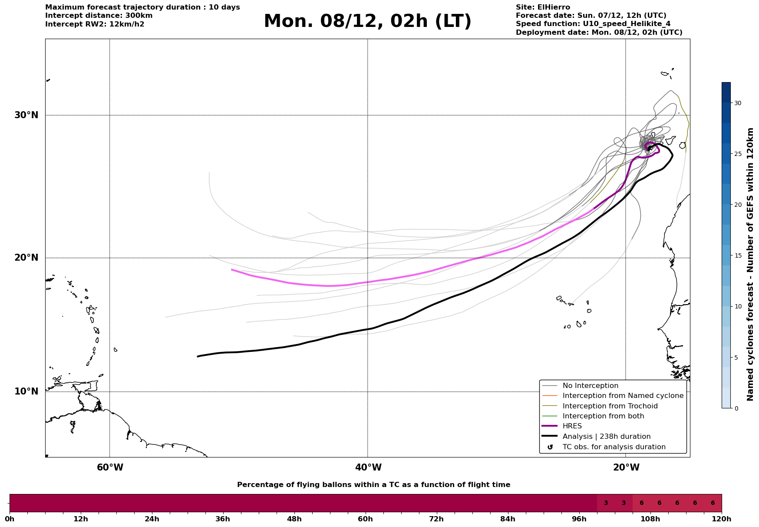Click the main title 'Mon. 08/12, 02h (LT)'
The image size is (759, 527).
click(x=367, y=21)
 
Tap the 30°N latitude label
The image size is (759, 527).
click(x=26, y=115)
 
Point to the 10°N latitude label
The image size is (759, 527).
click(x=26, y=391)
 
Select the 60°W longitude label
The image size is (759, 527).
click(x=110, y=467)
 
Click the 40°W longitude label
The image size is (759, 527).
click(x=368, y=467)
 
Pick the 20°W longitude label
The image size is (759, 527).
click(x=626, y=467)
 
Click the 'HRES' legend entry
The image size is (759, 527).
click(x=572, y=426)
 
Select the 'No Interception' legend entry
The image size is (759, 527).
click(x=590, y=386)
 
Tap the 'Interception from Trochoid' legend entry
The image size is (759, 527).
click(x=610, y=406)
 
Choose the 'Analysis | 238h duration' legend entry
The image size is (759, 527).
click(x=606, y=437)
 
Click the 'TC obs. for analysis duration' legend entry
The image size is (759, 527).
click(x=614, y=447)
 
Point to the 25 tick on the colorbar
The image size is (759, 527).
click(x=738, y=154)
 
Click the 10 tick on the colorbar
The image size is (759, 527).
click(x=738, y=307)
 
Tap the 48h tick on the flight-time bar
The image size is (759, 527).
click(x=294, y=519)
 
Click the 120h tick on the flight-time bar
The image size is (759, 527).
click(x=722, y=519)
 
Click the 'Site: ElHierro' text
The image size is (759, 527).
click(x=543, y=7)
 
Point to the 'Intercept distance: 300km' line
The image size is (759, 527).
click(x=99, y=16)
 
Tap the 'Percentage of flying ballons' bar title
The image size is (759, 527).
click(x=373, y=485)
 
